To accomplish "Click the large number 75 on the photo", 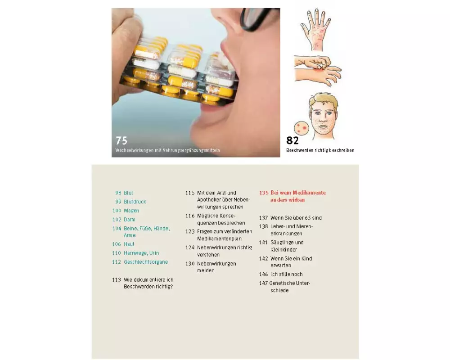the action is click(x=121, y=140).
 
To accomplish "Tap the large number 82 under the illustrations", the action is click(x=292, y=140).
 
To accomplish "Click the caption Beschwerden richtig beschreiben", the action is click(x=320, y=150).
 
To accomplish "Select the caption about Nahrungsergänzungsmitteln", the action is click(x=167, y=150).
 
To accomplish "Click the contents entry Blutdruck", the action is click(x=135, y=202).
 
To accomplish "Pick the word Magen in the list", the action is click(x=131, y=211).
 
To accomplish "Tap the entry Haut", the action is click(x=129, y=244).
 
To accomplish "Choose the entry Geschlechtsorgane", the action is click(x=146, y=262).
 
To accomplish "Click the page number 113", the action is click(x=117, y=279).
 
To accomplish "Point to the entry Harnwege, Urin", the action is click(x=141, y=253).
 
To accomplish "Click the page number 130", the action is click(x=190, y=264).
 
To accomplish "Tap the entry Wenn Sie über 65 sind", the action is click(x=296, y=218).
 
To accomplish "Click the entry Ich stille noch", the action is click(x=286, y=274).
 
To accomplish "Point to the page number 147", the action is click(x=263, y=283).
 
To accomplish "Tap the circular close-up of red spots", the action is click(x=301, y=128).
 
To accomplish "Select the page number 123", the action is click(x=190, y=231).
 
